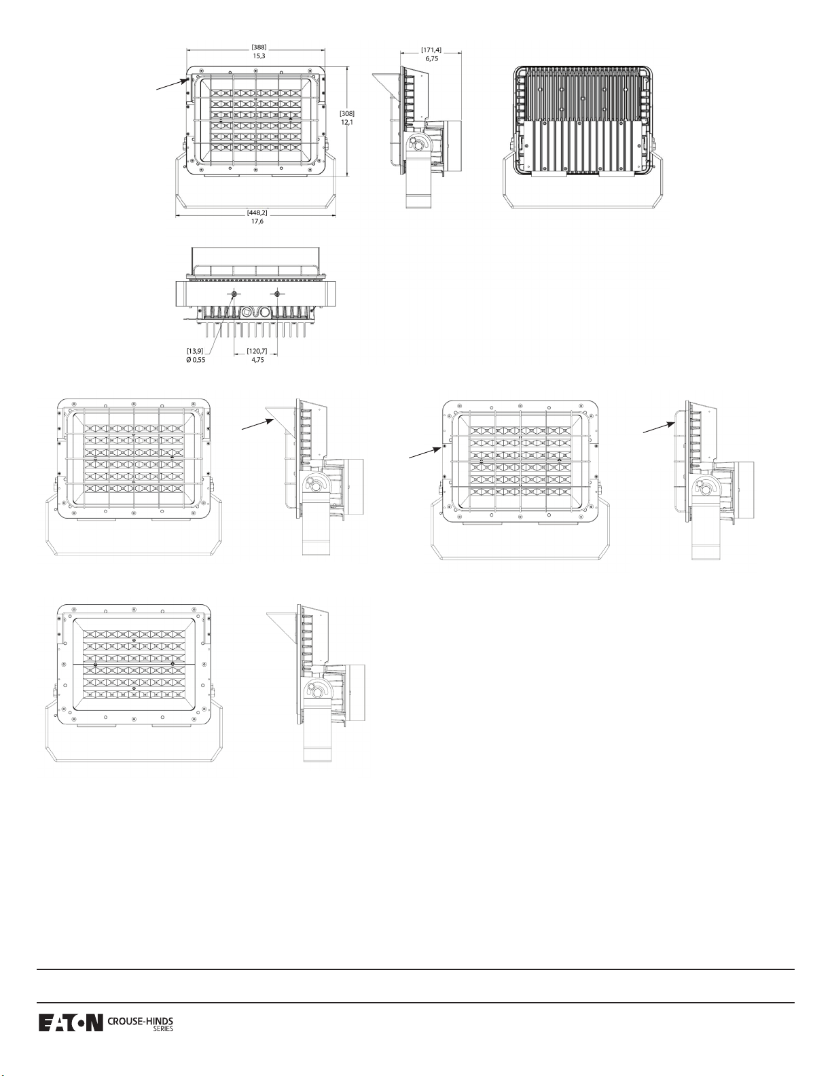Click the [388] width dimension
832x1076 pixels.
259,47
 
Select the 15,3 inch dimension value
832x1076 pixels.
259,56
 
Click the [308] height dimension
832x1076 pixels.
347,113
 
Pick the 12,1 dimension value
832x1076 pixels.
347,122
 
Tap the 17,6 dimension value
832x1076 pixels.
257,221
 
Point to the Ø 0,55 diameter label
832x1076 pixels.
196,360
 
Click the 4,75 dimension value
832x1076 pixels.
257,360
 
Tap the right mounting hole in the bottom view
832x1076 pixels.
277,294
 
